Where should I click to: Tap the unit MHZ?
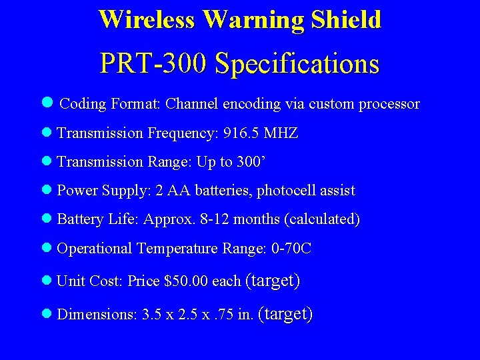tap(281, 133)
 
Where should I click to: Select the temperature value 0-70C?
tap(291, 249)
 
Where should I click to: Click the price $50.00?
tap(186, 281)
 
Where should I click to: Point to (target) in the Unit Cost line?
tap(273, 281)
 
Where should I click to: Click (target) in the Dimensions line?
tap(285, 313)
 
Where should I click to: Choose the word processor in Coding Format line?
tap(389, 104)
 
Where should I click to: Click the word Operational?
tap(95, 249)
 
